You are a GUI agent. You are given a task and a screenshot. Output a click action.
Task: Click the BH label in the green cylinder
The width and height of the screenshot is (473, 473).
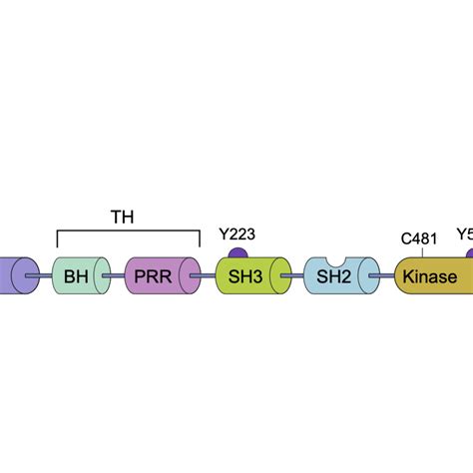[x=76, y=276]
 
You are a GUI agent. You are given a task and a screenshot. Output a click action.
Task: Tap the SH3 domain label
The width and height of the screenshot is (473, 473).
[x=243, y=276]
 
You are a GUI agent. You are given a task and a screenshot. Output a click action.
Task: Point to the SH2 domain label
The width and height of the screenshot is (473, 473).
[x=334, y=276]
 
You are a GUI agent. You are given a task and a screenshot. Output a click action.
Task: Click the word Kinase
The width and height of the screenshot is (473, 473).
[x=431, y=276]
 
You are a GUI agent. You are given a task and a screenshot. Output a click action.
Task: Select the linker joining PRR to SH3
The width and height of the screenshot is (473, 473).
[x=208, y=275]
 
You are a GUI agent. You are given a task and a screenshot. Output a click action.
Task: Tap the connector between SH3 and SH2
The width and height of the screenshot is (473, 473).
[x=292, y=275]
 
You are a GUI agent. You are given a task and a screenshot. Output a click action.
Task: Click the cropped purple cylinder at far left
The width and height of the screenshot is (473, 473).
[x=14, y=275]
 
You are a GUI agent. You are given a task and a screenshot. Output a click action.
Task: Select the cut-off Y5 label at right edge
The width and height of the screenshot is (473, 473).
[x=464, y=236]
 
